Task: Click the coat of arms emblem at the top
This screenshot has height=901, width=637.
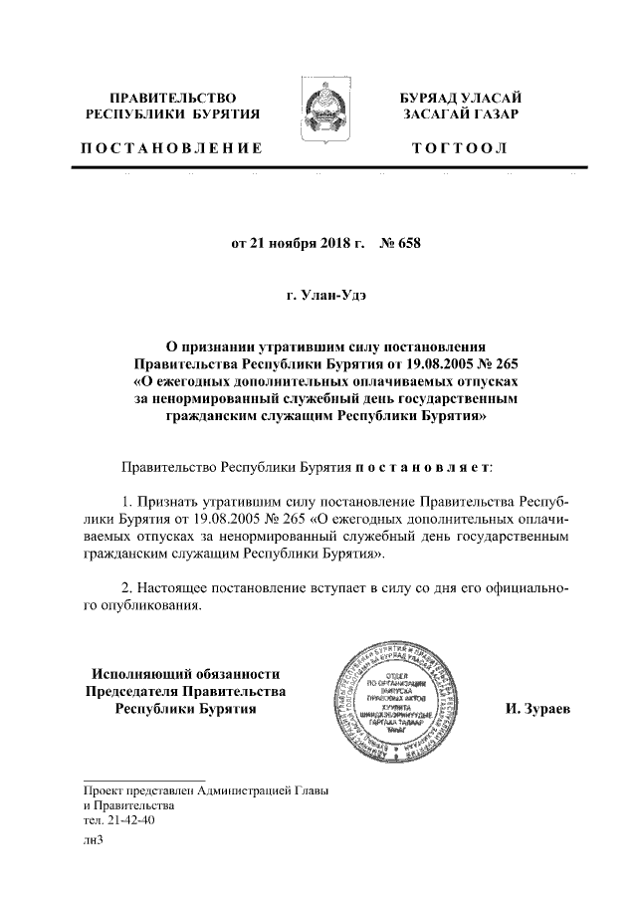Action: click(x=318, y=116)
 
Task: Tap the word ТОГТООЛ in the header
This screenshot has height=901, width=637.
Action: click(x=464, y=148)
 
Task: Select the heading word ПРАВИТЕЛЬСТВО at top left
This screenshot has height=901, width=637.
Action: click(x=172, y=98)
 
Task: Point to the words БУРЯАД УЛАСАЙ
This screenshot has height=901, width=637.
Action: click(x=461, y=98)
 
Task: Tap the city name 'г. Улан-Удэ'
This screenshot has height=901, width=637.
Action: click(x=318, y=297)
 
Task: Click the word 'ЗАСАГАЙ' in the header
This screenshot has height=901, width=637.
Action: click(x=437, y=115)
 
